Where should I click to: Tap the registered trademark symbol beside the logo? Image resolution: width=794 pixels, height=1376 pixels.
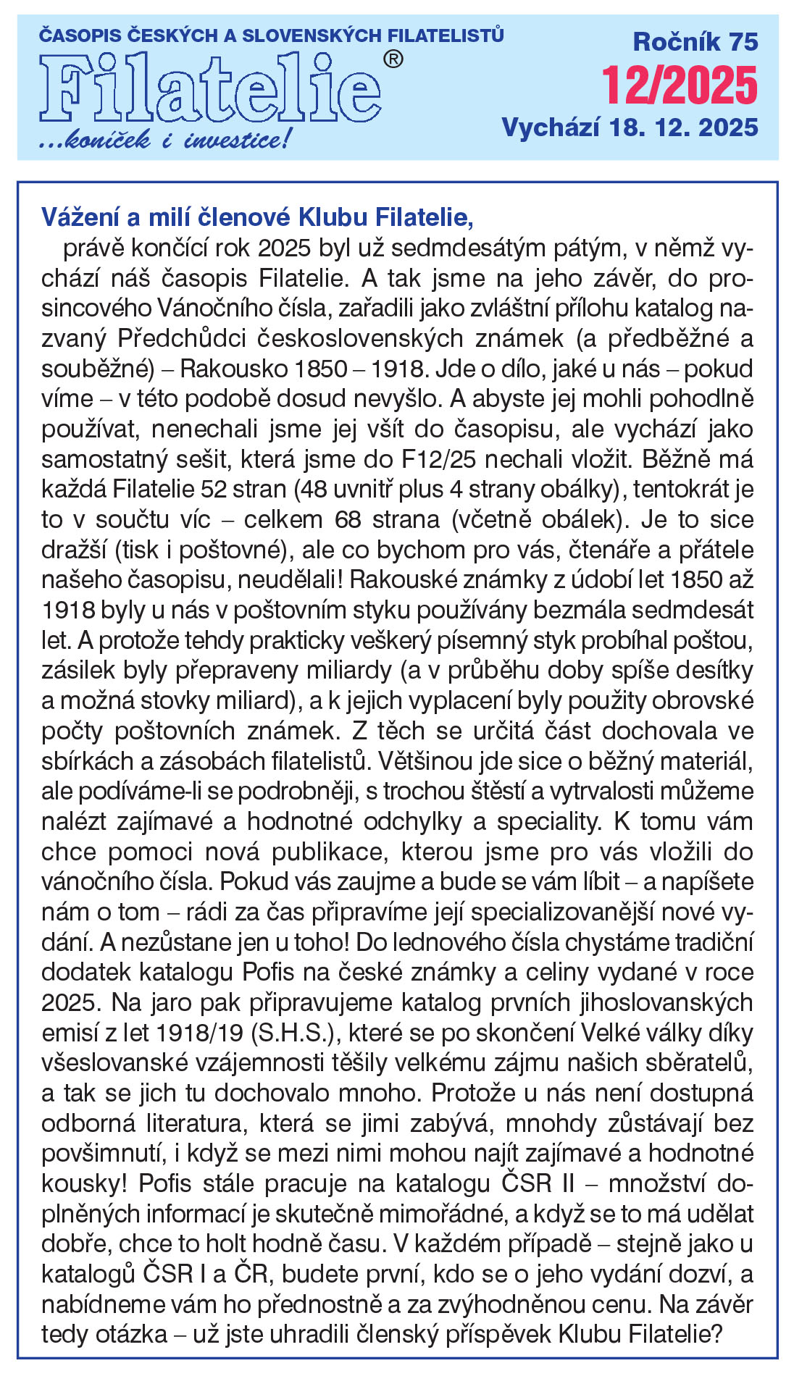click(392, 59)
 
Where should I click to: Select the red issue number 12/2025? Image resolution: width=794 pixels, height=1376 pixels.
click(680, 85)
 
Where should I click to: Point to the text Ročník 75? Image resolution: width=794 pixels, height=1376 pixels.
click(695, 42)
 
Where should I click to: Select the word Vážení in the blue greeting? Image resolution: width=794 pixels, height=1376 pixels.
click(82, 217)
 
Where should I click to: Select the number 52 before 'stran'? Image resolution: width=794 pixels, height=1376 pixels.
click(214, 490)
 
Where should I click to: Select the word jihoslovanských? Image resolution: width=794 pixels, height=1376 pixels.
click(666, 1003)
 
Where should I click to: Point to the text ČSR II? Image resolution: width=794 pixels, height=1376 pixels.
click(538, 1183)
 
